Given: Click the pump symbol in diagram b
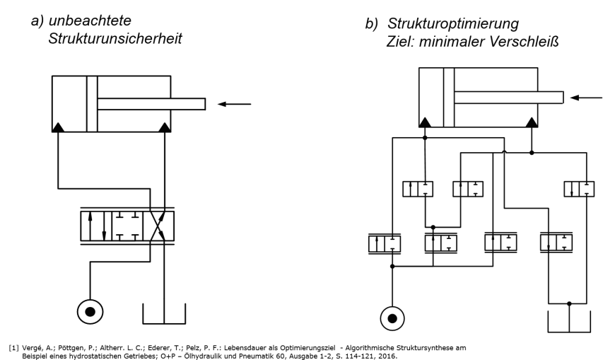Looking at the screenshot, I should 393,318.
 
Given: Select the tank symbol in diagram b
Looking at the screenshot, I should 570,318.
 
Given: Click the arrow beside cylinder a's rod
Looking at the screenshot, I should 234,104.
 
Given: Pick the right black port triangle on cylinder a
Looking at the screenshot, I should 165,127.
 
